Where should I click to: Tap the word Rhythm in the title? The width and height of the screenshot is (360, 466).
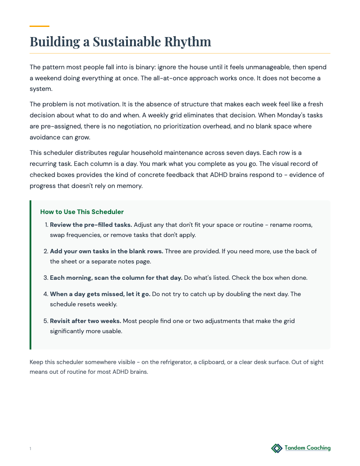[x=187, y=42]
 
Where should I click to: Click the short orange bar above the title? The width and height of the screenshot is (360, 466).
[x=39, y=26]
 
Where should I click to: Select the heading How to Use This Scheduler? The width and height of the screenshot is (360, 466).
[x=82, y=212]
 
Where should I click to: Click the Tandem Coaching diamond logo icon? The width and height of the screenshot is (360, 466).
[x=277, y=448]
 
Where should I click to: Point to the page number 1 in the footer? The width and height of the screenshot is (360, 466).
[x=30, y=449]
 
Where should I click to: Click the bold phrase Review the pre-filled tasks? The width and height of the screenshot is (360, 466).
[x=91, y=225]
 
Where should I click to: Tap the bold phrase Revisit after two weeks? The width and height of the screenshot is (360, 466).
[x=85, y=321]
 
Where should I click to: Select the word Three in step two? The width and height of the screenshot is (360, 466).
[x=173, y=251]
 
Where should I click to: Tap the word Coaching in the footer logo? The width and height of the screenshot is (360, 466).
[x=315, y=448]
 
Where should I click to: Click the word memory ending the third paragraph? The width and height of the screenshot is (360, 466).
[x=131, y=186]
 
